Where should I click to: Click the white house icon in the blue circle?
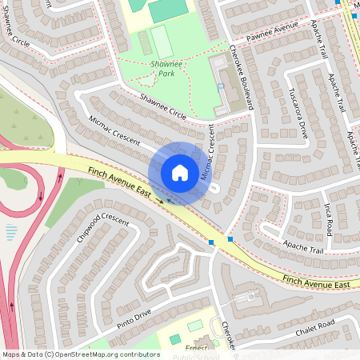[180, 172]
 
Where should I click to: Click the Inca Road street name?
[327, 218]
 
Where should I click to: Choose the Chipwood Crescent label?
[102, 229]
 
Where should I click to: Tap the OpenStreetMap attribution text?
[80, 354]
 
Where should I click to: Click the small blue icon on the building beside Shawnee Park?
[220, 86]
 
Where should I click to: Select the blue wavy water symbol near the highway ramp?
[11, 233]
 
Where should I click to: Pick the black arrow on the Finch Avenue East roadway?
[160, 199]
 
